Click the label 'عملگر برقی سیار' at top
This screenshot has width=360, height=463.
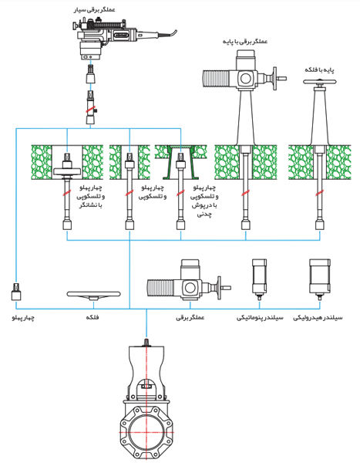(94, 10)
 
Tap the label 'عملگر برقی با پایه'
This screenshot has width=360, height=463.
(245, 42)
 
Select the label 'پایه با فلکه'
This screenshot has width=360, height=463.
(320, 70)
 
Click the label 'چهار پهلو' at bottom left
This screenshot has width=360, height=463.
(23, 318)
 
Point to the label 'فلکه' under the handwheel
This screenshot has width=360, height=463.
(93, 317)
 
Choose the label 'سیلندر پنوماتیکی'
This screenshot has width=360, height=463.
(260, 318)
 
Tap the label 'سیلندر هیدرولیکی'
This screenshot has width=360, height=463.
(318, 318)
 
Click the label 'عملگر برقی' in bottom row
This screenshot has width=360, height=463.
(190, 318)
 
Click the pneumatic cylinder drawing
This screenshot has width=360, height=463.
(259, 279)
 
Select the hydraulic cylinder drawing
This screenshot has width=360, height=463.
(320, 279)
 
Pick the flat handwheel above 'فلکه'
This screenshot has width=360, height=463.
(93, 295)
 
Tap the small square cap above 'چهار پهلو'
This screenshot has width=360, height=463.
(16, 292)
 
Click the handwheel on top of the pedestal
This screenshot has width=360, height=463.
(320, 82)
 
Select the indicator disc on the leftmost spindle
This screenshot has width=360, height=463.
(67, 171)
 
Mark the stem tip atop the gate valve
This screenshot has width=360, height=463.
(146, 342)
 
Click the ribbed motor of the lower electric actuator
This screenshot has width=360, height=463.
(162, 288)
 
